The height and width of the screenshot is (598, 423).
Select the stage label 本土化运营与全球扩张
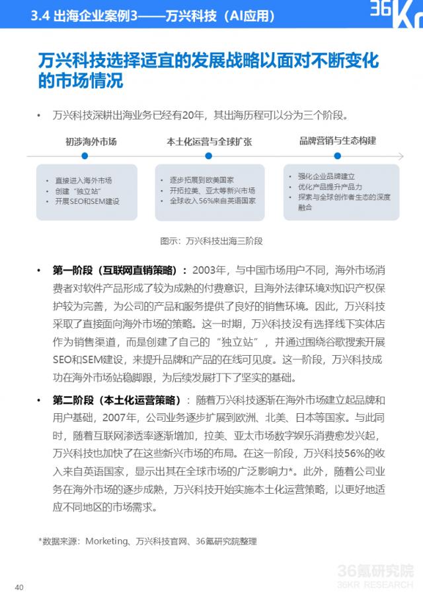(209, 141)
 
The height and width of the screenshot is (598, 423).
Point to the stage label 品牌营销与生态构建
(337, 141)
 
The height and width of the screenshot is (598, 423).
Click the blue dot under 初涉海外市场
(85, 156)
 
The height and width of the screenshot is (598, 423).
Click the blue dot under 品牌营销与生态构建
(337, 156)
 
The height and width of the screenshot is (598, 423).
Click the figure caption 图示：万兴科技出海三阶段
(211, 241)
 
